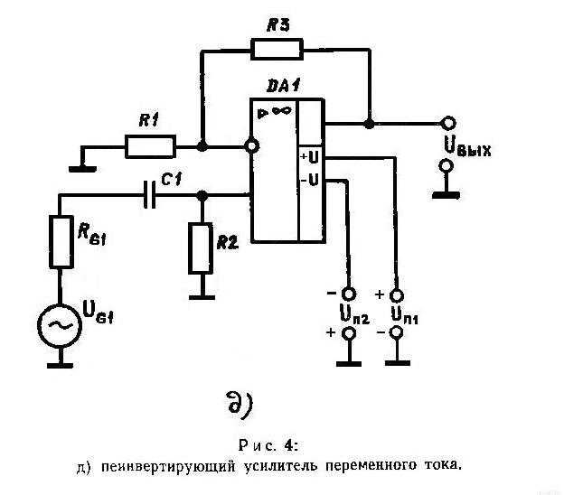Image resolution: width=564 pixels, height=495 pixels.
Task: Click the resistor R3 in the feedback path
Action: tap(277, 49)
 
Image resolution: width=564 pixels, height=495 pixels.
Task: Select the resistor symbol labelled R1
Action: tap(150, 146)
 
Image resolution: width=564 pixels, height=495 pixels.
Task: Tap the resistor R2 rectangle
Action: tap(201, 248)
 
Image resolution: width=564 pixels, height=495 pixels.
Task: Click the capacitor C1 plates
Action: tap(149, 194)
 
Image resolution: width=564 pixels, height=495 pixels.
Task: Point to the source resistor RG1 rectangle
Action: tap(61, 241)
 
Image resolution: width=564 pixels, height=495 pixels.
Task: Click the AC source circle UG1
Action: tap(60, 325)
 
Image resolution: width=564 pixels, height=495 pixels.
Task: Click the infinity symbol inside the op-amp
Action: tap(281, 111)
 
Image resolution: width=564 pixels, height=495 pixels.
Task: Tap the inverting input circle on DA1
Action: tap(251, 146)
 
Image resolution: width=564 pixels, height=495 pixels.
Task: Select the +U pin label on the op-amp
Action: tap(310, 157)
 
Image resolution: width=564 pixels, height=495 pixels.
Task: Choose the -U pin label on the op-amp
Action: tap(310, 180)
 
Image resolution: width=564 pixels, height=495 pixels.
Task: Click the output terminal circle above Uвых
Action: tap(448, 124)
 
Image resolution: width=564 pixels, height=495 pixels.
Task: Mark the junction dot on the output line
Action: tap(369, 124)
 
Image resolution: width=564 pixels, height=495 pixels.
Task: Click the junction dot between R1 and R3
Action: tap(202, 146)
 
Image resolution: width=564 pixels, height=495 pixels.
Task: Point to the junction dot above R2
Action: tap(202, 195)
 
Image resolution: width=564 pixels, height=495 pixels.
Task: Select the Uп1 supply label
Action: tap(405, 314)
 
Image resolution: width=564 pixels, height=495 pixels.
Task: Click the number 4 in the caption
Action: tap(289, 445)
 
